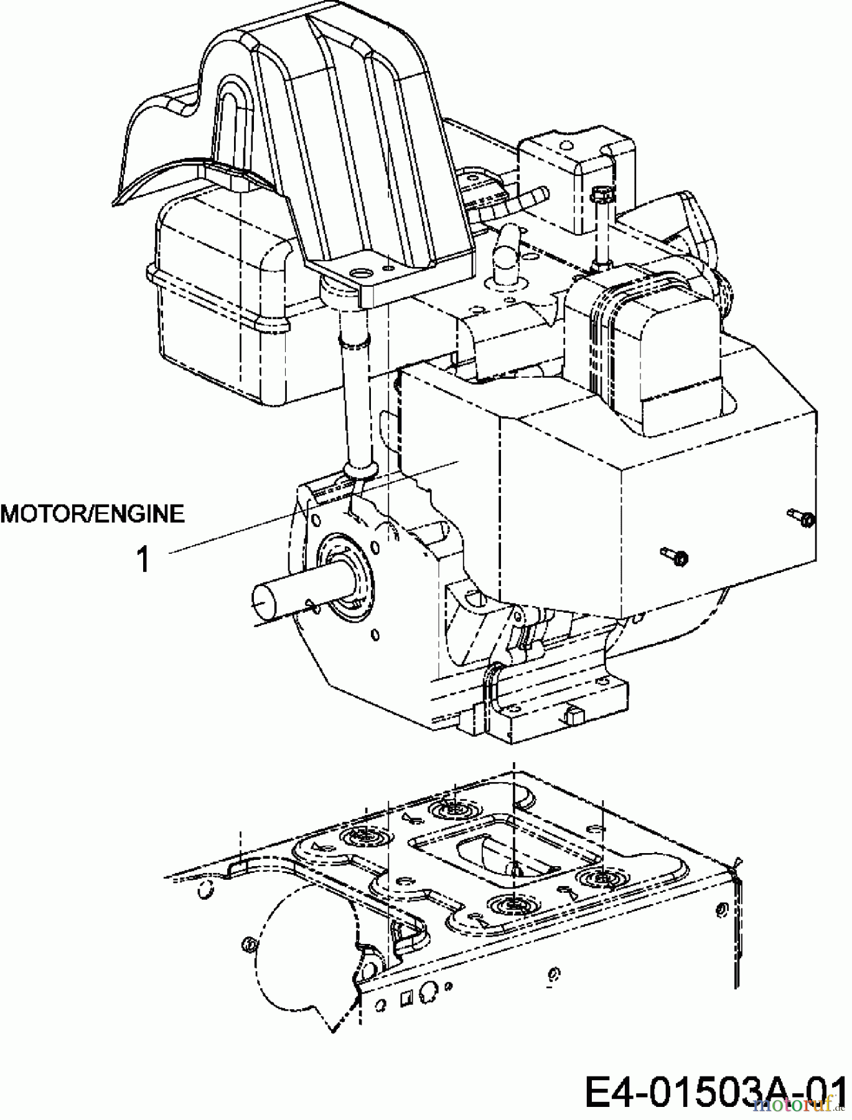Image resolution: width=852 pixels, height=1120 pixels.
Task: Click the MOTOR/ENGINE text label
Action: coord(93,514)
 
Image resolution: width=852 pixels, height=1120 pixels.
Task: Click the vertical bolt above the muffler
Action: coord(601,225)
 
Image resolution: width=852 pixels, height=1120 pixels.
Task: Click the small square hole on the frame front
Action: coord(405,999)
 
